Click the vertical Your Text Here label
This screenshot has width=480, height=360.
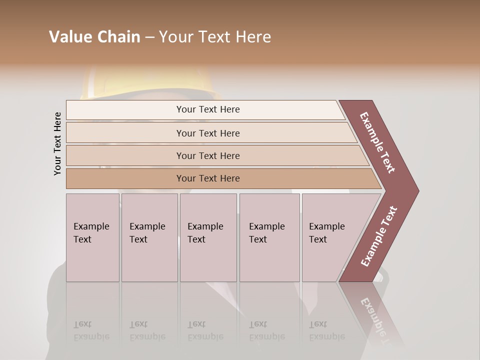coord(57,144)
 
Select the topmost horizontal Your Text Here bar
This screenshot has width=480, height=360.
coord(208,109)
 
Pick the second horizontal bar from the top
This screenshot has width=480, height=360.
coord(208,133)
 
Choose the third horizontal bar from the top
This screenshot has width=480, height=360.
coord(208,155)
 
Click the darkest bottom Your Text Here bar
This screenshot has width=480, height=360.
coord(208,178)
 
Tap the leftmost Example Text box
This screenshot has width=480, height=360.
coord(92,237)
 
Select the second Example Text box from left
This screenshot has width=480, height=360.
coord(149,237)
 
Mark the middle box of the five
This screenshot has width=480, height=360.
coord(208,237)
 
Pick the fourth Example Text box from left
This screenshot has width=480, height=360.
coord(269,237)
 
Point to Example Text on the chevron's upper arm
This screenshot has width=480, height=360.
coord(377,142)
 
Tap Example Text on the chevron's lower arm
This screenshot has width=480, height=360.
coord(379,236)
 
